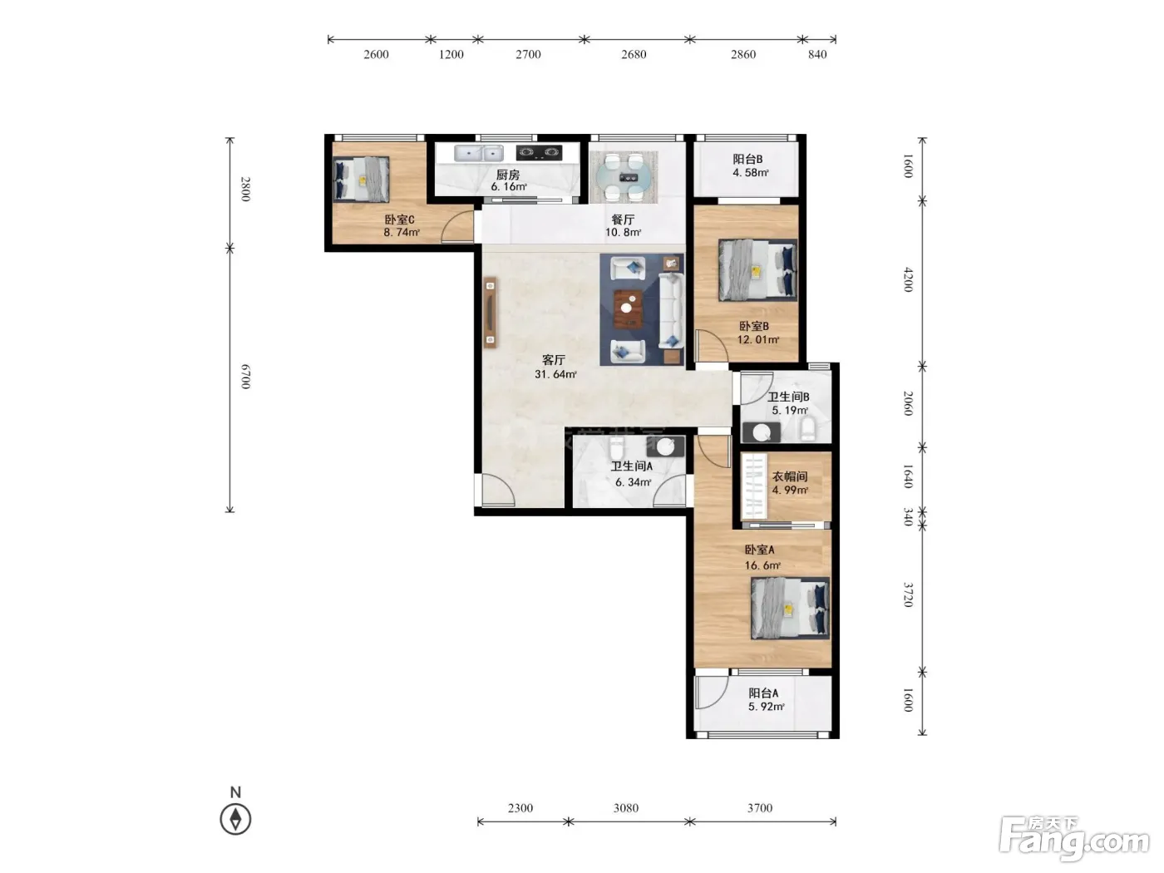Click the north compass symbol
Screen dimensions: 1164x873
coord(235,820)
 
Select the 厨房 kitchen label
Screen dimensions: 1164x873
coord(507,175)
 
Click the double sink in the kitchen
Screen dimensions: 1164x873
coord(478,153)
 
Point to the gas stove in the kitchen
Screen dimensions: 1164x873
coord(539,153)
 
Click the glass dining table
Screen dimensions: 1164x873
coord(624,178)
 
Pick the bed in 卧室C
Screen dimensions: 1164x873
coord(361,179)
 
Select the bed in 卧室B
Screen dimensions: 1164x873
coord(757,270)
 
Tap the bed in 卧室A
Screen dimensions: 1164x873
coord(790,608)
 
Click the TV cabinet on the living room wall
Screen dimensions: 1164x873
coord(490,313)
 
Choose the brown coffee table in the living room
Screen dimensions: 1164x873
coord(628,308)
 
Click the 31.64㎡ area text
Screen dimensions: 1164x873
coord(555,374)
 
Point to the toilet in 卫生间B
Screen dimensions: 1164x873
coord(807,428)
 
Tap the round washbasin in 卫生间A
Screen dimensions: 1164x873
coord(665,446)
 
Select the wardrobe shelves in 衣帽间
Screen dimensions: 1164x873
coord(755,486)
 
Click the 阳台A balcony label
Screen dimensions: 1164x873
coord(763,693)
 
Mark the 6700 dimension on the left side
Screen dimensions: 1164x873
coord(245,377)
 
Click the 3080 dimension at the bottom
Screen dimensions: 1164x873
coord(626,808)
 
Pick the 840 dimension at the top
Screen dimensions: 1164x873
coord(817,54)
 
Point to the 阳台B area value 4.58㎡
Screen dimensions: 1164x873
coord(751,172)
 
